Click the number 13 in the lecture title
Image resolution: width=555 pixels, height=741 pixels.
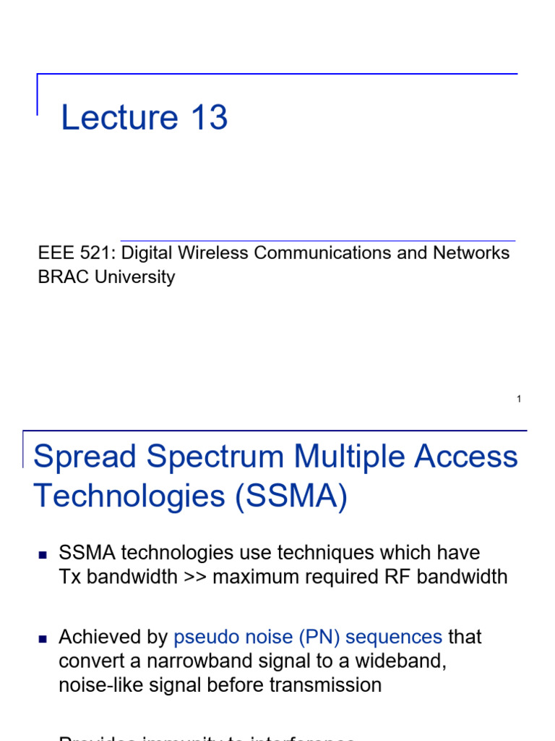coord(209,117)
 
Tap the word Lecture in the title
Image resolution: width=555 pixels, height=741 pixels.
coord(119,117)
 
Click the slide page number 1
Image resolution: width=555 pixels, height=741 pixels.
coord(519,399)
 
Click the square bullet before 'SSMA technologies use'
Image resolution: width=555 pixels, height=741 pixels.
coord(42,555)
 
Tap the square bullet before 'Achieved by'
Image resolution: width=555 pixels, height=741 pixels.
coord(42,639)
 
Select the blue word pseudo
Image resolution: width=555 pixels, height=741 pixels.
coord(204,637)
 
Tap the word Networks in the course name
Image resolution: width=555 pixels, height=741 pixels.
coord(471,253)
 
